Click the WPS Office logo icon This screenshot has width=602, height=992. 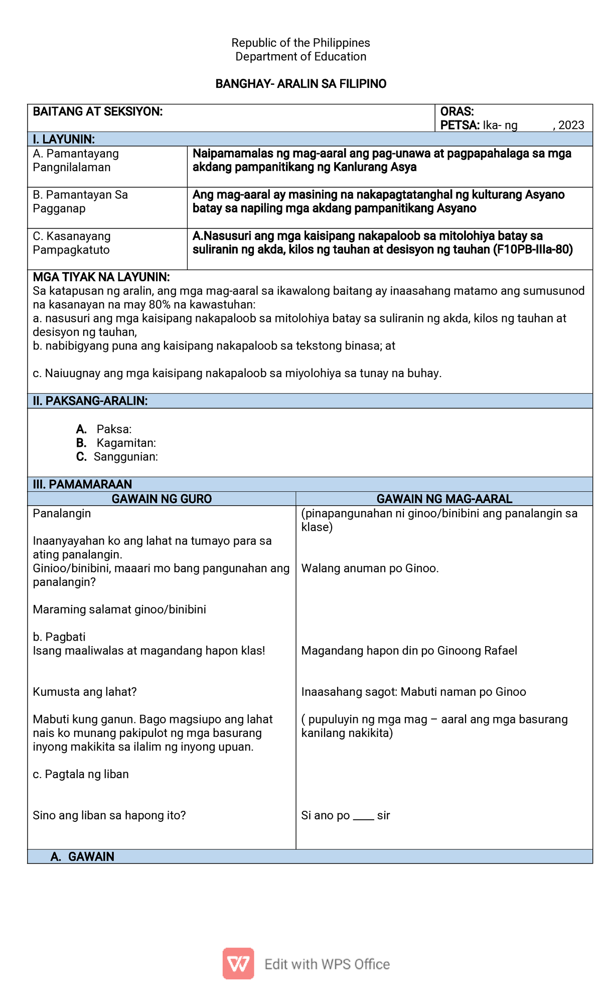(238, 963)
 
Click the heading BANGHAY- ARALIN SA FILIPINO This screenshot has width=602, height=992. (300, 84)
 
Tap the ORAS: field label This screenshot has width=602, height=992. (457, 111)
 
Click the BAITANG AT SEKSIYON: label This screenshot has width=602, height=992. (97, 111)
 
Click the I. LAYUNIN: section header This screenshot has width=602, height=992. (64, 139)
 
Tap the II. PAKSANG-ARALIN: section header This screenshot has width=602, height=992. (90, 401)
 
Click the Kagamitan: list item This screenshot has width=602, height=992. (126, 443)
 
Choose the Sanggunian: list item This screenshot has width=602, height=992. (125, 457)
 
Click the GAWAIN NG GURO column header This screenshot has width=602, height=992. (162, 499)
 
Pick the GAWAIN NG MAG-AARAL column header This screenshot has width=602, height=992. (444, 499)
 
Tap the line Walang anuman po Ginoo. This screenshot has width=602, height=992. (370, 568)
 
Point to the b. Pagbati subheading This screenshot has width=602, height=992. (59, 637)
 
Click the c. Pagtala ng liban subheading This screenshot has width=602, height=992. (81, 774)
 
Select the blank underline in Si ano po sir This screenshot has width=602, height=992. (363, 816)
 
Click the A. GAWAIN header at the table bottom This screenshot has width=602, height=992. (83, 856)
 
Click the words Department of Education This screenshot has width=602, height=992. (300, 57)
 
